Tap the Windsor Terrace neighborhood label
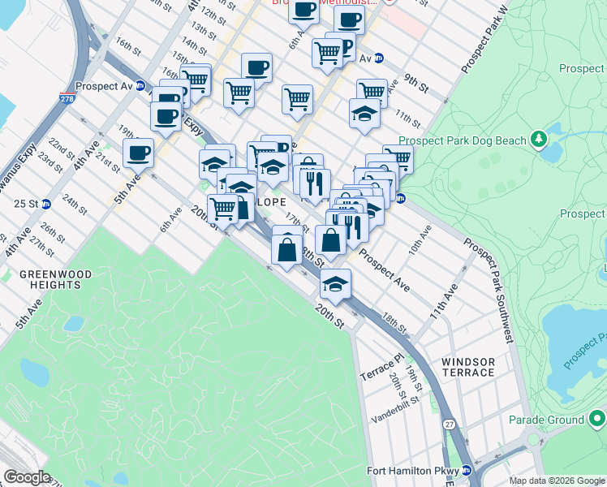tap(468, 366)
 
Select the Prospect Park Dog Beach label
tap(463, 140)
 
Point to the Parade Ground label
tap(546, 420)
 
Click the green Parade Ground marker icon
tap(596, 419)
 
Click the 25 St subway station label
tap(26, 203)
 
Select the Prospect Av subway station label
tap(104, 85)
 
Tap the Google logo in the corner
tap(27, 476)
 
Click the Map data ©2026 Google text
tap(557, 481)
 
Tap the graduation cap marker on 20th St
tap(335, 283)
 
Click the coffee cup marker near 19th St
tap(138, 152)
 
